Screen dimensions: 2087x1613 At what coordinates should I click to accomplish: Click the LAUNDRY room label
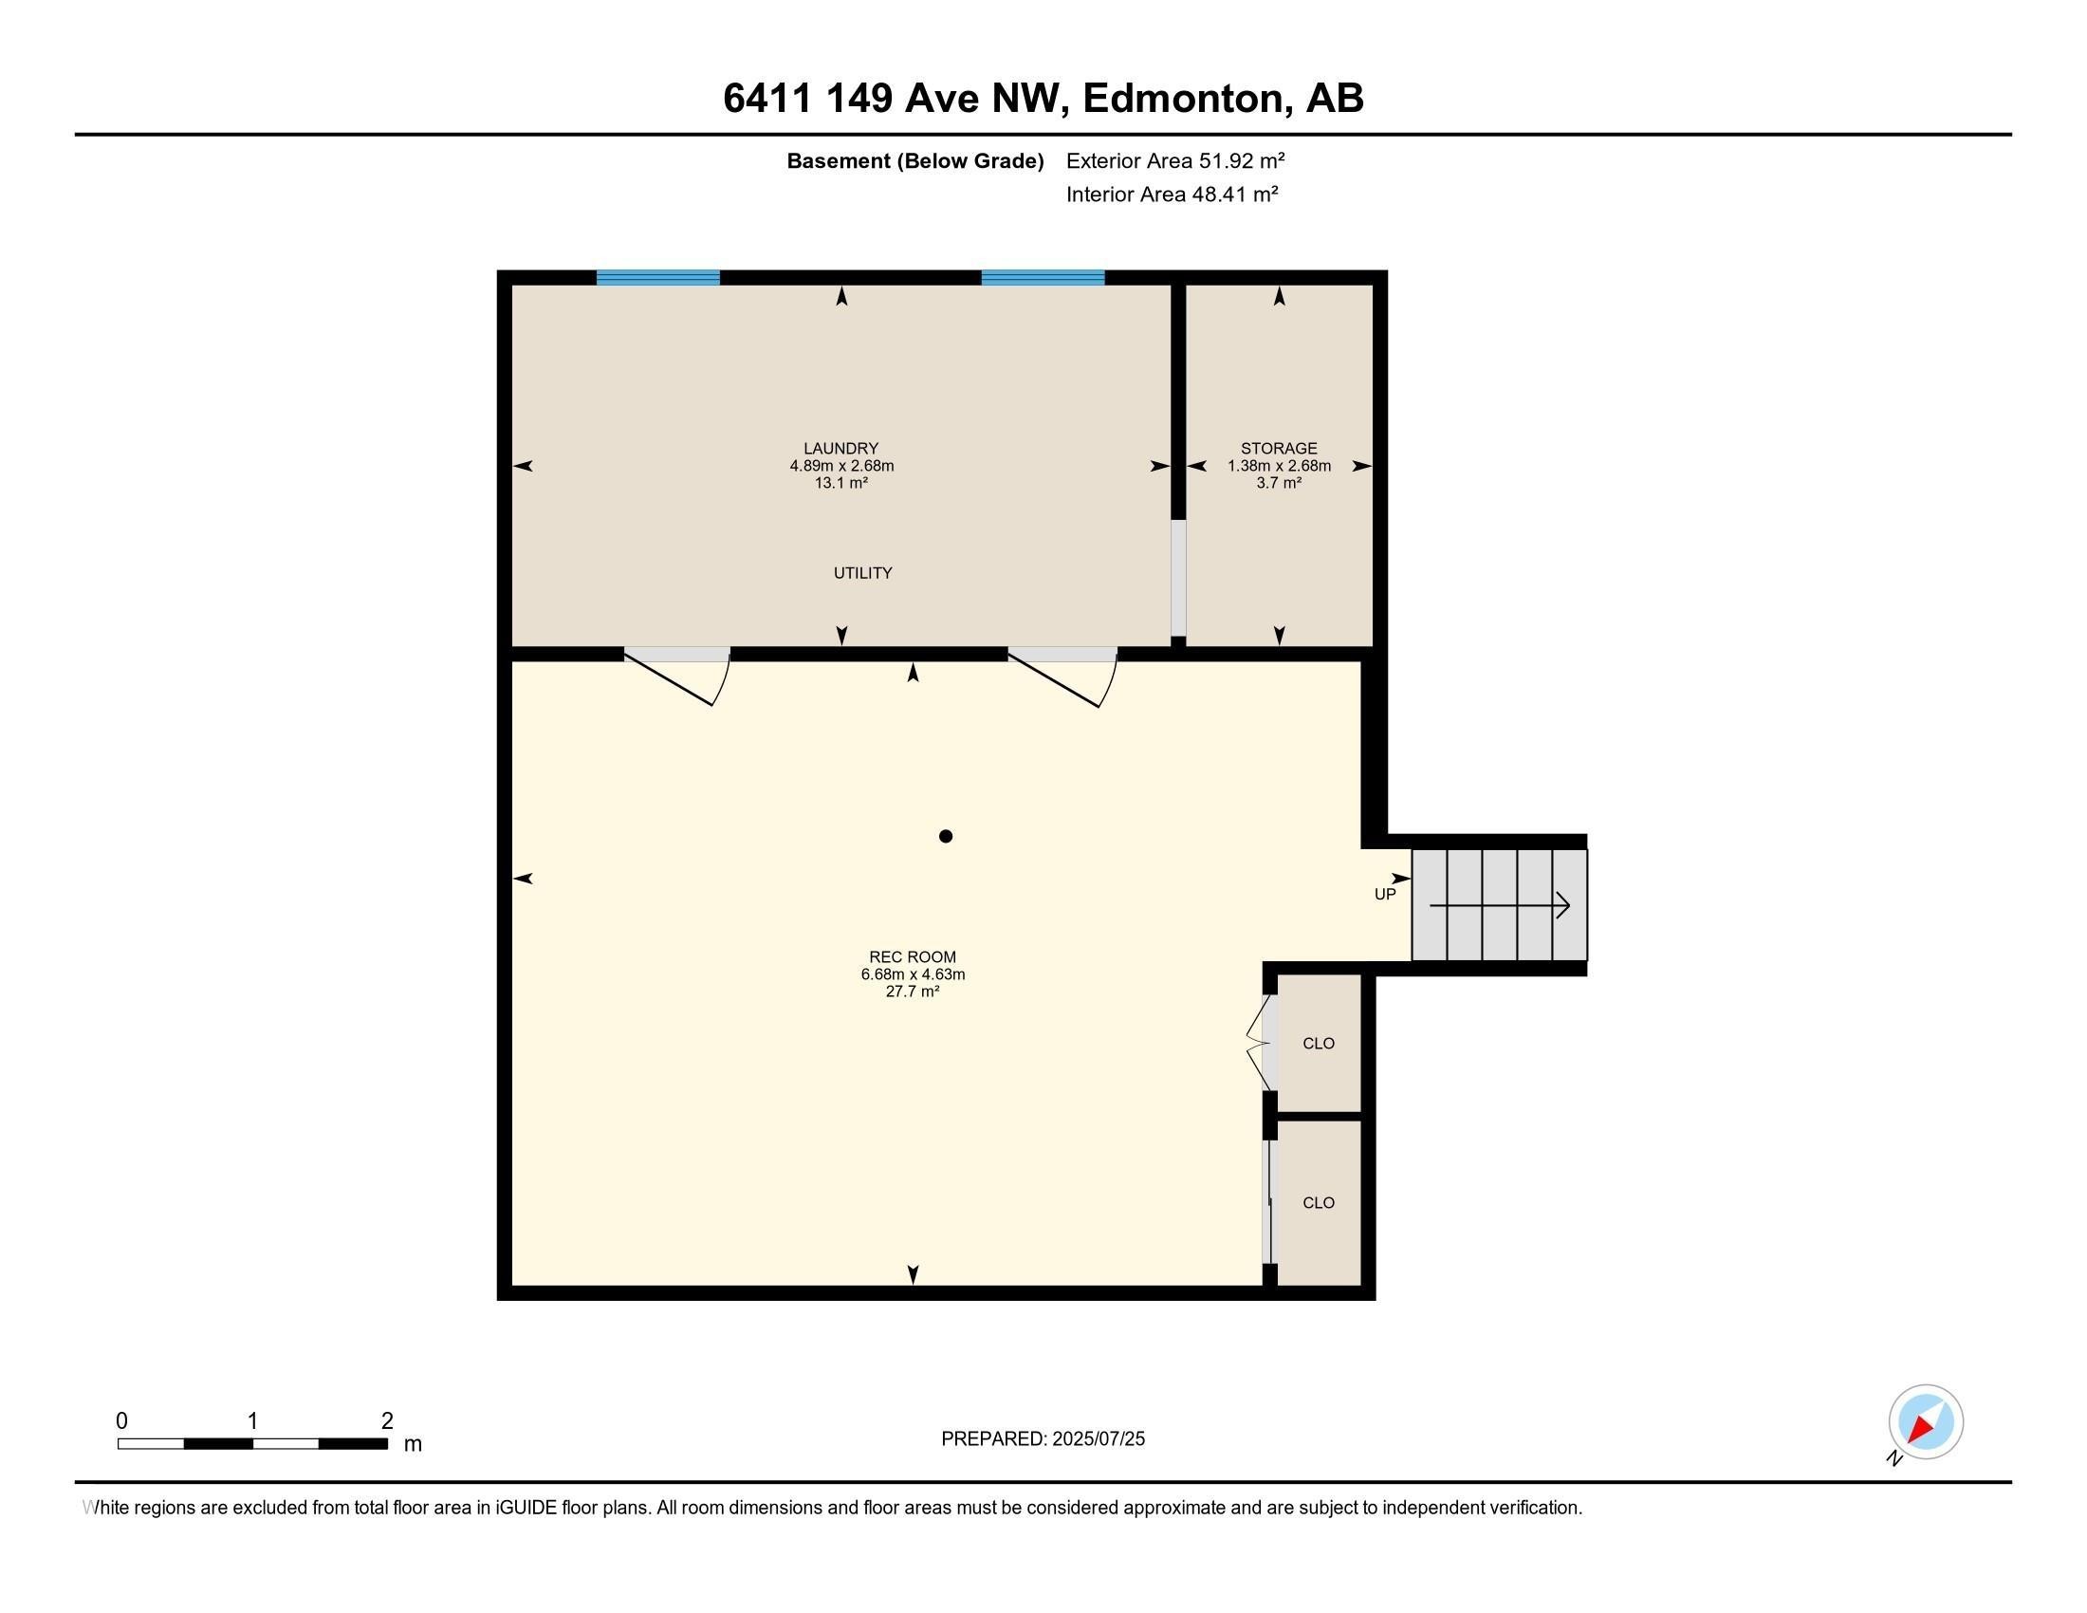click(840, 448)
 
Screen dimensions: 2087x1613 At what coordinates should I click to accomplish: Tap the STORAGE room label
click(1279, 448)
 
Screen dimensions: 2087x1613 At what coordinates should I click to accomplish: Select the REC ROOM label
click(913, 956)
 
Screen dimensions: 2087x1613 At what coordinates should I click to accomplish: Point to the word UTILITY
click(863, 572)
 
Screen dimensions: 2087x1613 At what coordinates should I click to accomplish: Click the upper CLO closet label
click(1319, 1044)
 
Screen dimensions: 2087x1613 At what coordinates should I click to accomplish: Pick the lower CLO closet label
click(1319, 1203)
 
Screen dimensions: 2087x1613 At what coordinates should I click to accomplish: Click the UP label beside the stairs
click(1385, 895)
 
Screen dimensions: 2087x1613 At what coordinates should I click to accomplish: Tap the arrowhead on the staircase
click(1563, 905)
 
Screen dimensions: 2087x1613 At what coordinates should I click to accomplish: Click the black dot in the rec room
click(946, 836)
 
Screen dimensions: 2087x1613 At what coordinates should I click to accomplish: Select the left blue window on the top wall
click(658, 277)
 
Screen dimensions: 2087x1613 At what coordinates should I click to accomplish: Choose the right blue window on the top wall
click(1043, 277)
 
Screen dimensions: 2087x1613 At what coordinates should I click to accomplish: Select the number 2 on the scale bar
click(387, 1421)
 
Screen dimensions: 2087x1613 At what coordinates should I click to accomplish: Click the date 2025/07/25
click(1098, 1439)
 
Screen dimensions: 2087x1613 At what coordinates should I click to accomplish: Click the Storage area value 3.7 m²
click(1279, 484)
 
